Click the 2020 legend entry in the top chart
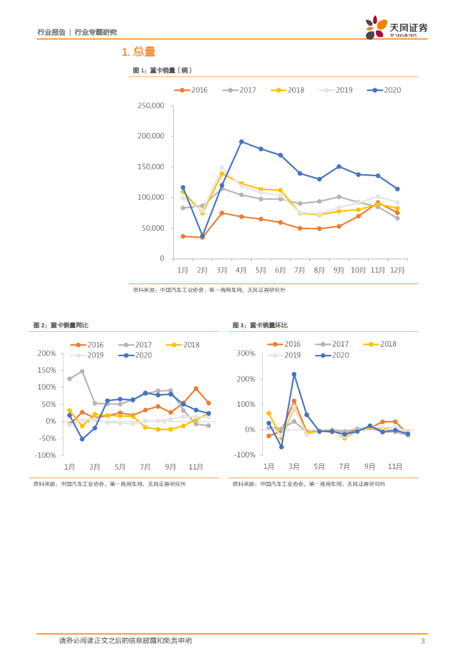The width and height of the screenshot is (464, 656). click(x=384, y=90)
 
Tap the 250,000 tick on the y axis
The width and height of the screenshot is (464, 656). click(x=151, y=106)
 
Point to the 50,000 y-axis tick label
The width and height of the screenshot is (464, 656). click(x=153, y=228)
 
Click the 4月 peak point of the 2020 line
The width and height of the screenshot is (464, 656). click(x=241, y=142)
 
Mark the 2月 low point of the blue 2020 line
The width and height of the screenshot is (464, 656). click(x=203, y=236)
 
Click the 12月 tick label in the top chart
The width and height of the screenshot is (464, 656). click(x=397, y=270)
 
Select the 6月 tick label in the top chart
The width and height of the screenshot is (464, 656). click(x=280, y=270)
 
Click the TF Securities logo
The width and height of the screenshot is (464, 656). click(x=396, y=28)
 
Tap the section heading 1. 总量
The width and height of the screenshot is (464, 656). click(x=138, y=52)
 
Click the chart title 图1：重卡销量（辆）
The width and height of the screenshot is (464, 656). click(x=162, y=70)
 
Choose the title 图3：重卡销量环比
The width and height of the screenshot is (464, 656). click(x=260, y=325)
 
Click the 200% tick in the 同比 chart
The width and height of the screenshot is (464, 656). click(x=47, y=353)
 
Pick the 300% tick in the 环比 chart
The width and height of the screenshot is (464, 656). click(x=246, y=353)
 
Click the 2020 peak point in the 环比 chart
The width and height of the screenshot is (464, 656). click(x=294, y=374)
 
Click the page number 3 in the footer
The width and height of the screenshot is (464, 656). click(x=422, y=641)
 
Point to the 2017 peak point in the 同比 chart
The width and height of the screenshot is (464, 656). click(x=82, y=372)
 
